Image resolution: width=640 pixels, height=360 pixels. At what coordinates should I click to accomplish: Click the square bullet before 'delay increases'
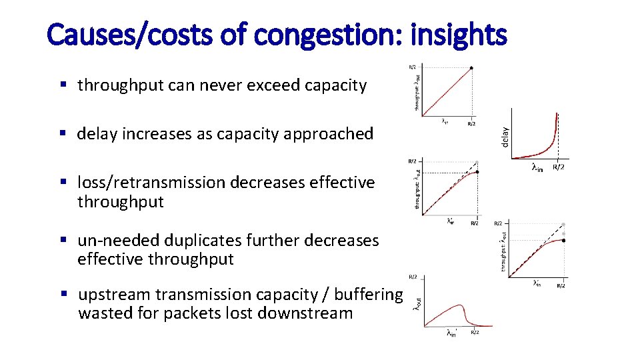click(63, 134)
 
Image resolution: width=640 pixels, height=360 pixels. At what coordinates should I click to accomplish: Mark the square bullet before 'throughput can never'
click(63, 85)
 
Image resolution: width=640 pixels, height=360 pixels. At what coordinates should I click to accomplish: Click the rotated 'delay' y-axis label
click(505, 137)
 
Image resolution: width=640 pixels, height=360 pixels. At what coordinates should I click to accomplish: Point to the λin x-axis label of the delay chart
click(537, 167)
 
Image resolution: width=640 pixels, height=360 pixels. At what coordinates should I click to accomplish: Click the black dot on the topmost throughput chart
click(472, 68)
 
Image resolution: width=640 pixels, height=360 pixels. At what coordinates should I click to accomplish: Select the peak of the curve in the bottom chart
click(460, 305)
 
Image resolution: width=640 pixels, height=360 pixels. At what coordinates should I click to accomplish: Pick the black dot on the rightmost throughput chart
click(564, 240)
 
